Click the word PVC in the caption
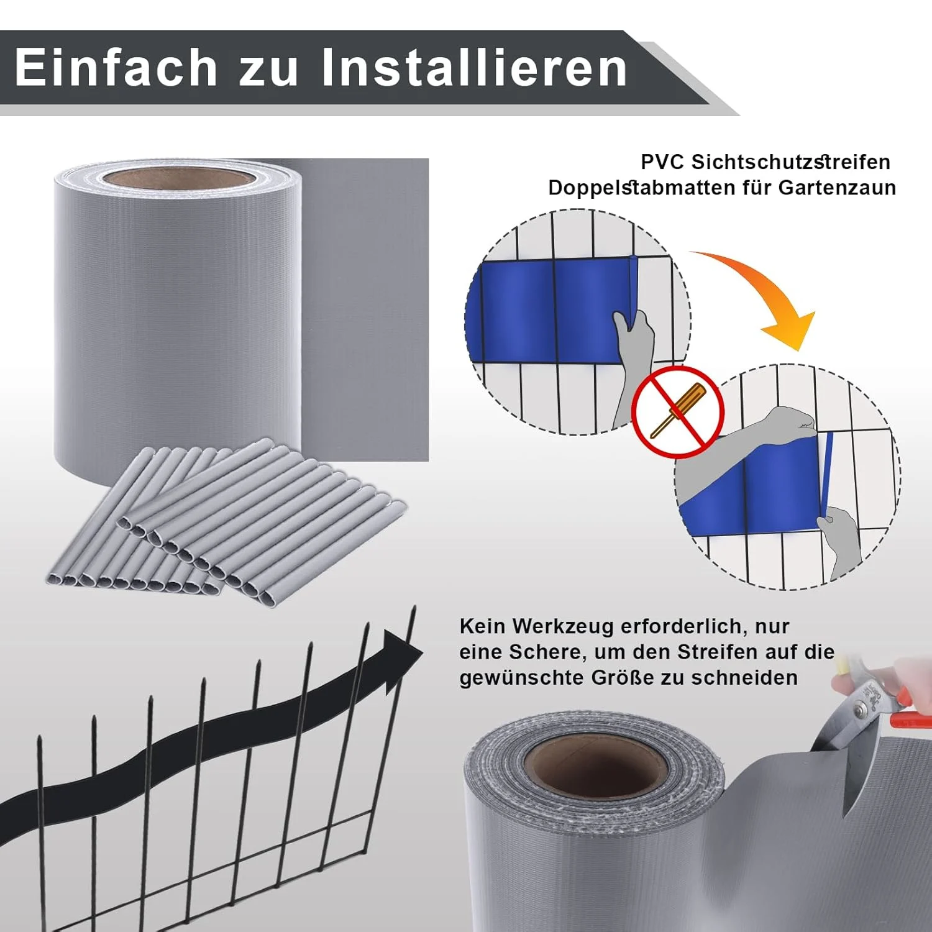tap(662, 162)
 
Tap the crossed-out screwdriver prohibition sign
tap(677, 412)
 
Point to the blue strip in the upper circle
tap(547, 311)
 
